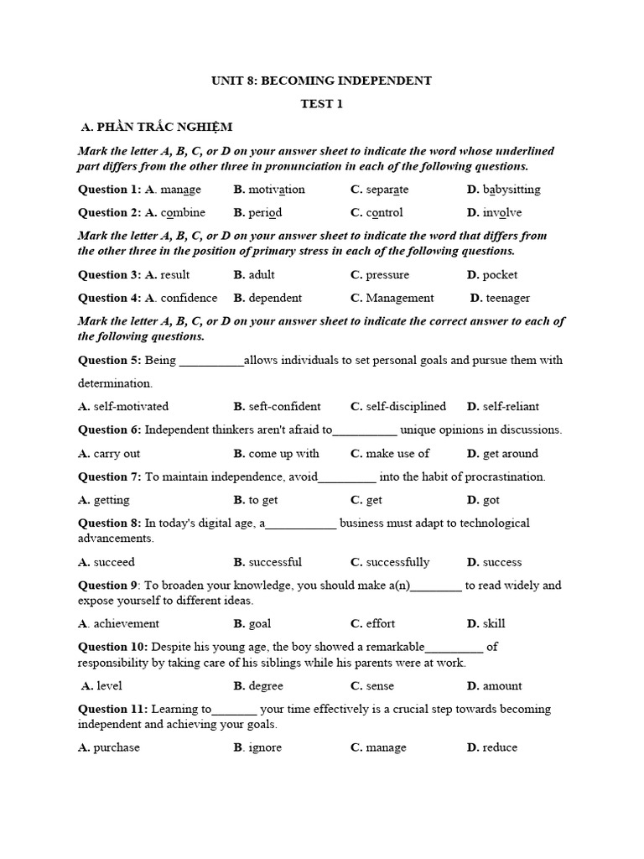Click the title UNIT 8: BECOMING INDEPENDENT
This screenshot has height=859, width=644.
[x=322, y=81]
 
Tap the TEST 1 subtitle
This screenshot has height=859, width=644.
[x=322, y=104]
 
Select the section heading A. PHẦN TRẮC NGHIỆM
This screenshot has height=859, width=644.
[x=157, y=127]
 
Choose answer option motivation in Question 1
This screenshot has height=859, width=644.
[x=277, y=190]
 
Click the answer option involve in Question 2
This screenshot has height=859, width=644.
[x=502, y=213]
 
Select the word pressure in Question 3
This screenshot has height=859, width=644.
[x=387, y=275]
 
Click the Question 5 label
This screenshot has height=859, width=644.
[x=110, y=361]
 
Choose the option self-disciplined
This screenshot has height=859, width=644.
[x=406, y=407]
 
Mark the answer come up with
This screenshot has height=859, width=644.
[x=283, y=454]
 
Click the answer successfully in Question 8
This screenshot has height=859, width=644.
[x=397, y=562]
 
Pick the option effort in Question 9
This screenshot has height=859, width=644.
[x=380, y=624]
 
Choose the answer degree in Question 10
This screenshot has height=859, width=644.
[x=266, y=686]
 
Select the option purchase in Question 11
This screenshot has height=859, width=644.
[x=117, y=748]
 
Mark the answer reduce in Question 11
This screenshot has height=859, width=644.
[x=500, y=748]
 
